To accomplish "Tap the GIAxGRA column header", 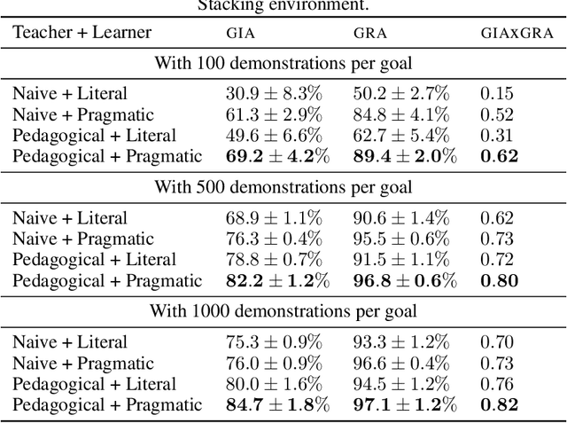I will [x=516, y=34].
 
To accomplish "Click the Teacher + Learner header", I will [x=82, y=33].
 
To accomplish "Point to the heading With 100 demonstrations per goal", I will [x=283, y=63].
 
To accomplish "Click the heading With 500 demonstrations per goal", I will [x=283, y=187].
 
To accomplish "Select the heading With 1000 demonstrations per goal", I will [x=283, y=311].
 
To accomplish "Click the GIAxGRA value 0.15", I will [x=496, y=93].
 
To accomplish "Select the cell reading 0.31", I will [x=496, y=135].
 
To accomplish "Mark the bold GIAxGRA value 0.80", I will [x=499, y=280].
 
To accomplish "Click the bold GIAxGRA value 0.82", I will [x=499, y=404].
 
